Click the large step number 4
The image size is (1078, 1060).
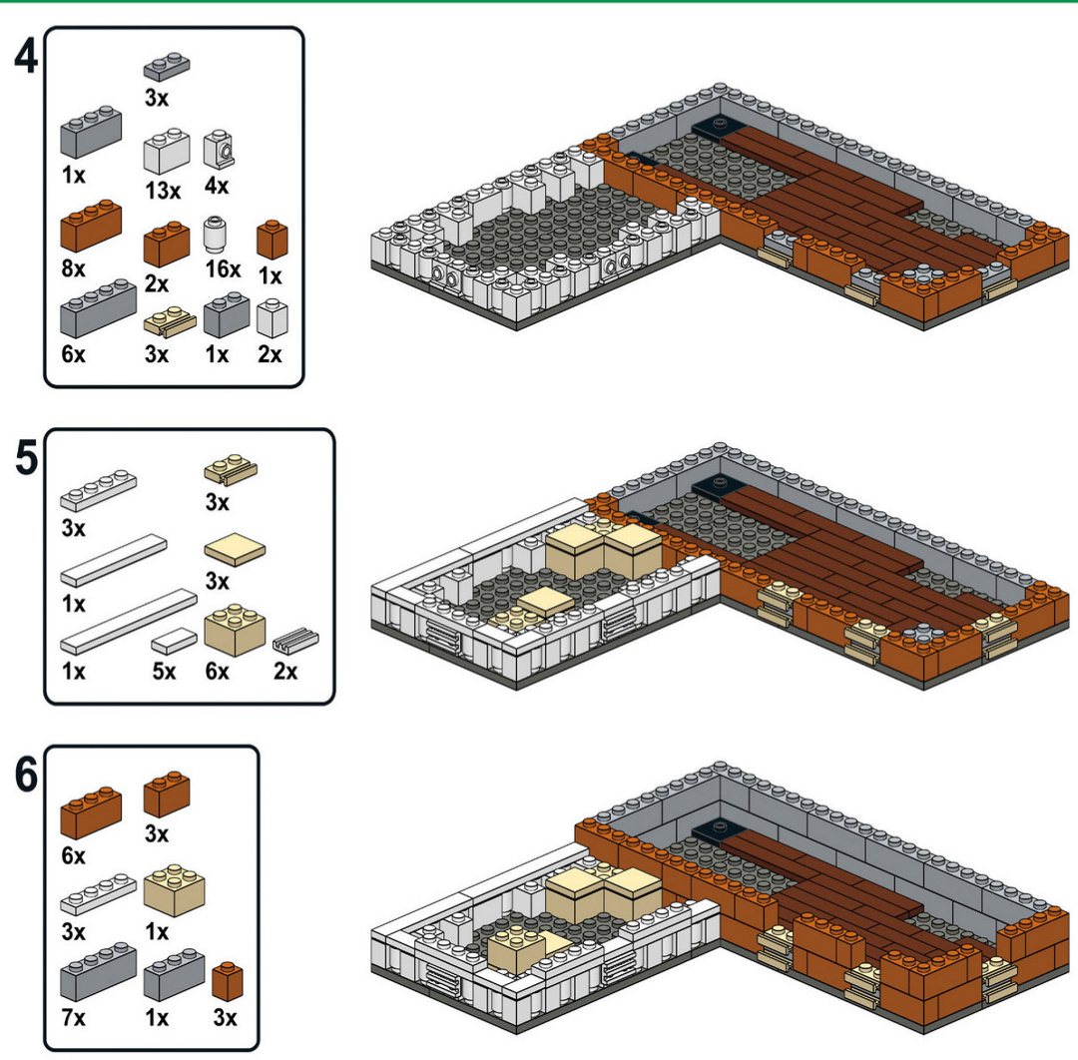[25, 57]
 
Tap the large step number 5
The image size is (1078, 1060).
[25, 460]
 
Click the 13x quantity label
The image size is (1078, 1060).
[163, 190]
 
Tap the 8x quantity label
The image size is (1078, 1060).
[74, 269]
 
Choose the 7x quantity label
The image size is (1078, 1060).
[74, 1019]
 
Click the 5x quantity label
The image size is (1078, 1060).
[165, 671]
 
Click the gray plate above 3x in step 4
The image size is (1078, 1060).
[166, 67]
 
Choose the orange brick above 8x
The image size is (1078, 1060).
[91, 226]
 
